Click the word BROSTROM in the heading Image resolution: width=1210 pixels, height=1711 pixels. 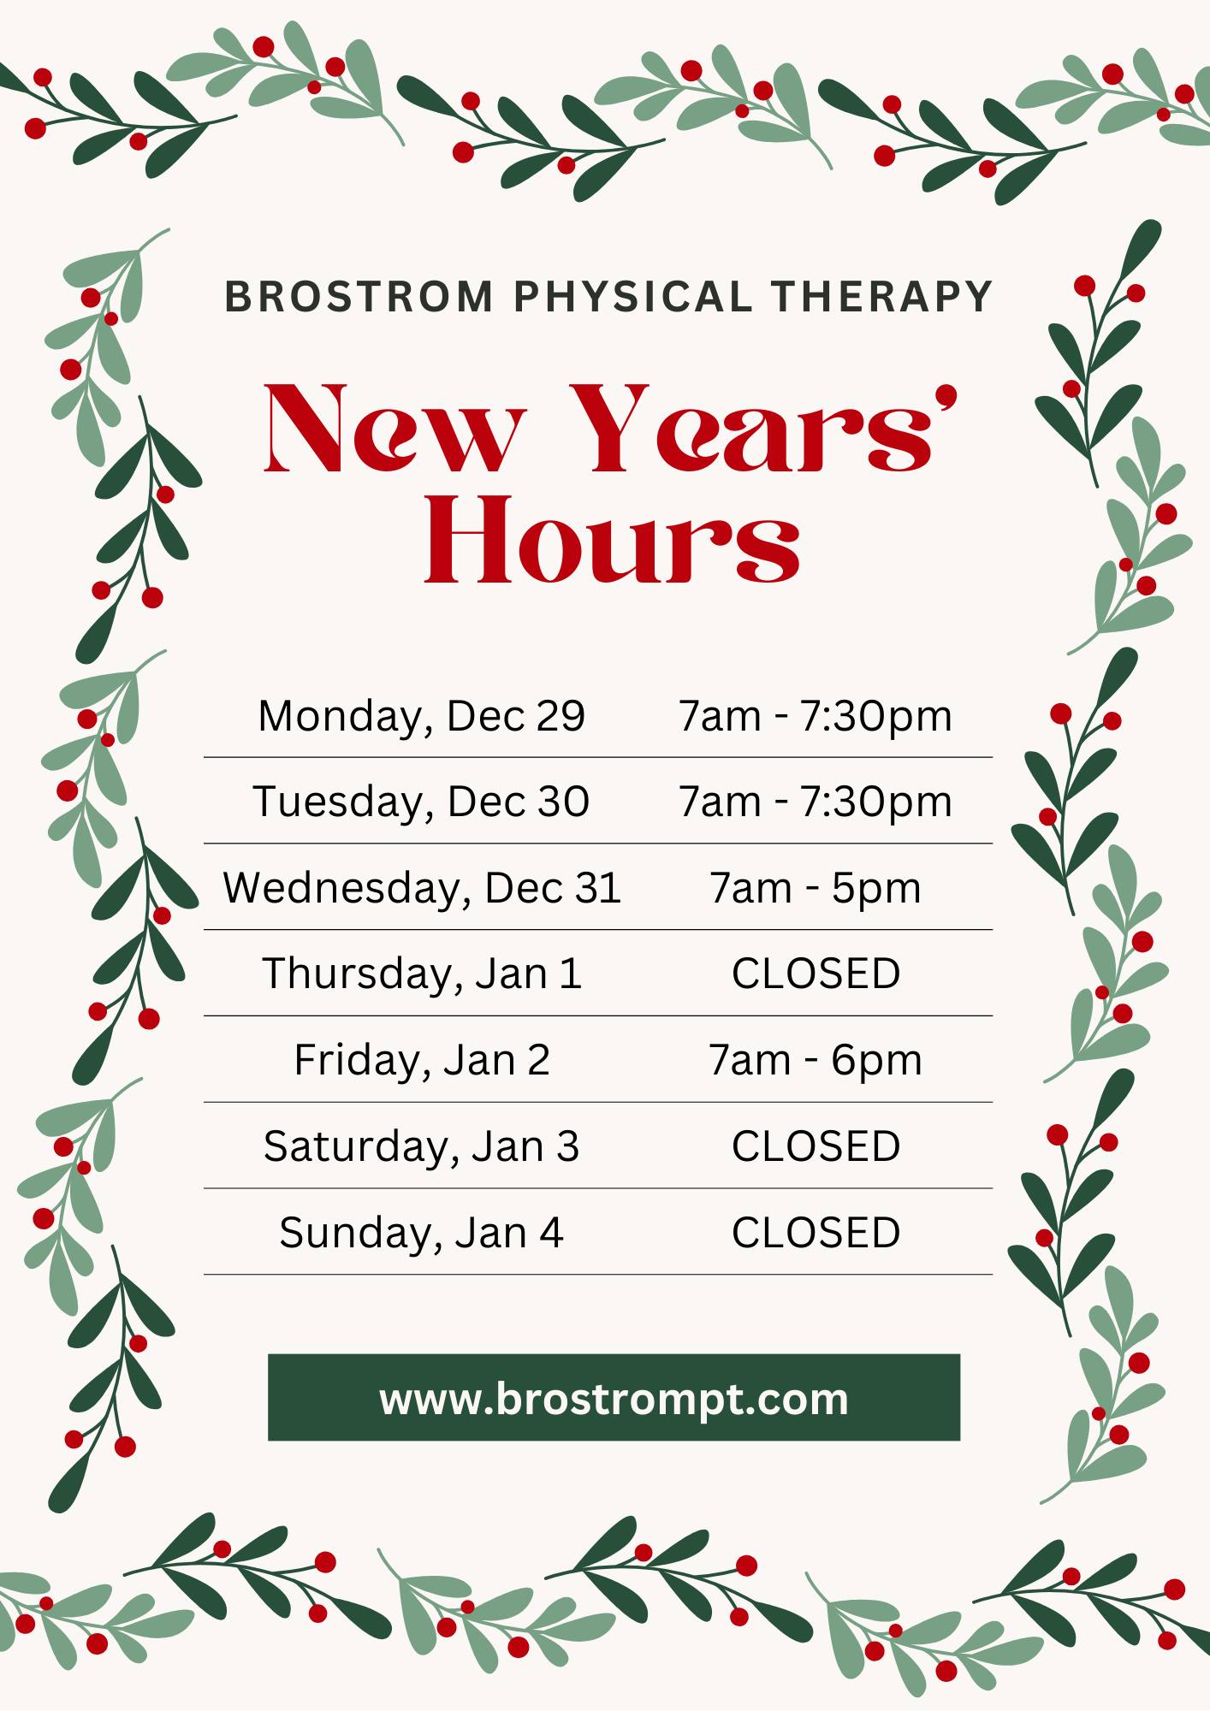click(x=359, y=297)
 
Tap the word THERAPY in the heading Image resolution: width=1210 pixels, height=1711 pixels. click(x=881, y=297)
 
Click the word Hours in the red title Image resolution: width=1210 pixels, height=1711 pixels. click(x=613, y=539)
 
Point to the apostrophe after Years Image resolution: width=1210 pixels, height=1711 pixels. click(x=945, y=398)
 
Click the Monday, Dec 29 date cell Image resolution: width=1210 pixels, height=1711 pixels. click(x=422, y=716)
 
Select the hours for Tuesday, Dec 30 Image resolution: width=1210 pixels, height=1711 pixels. click(x=816, y=802)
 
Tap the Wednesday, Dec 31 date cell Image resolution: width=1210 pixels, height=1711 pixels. click(x=422, y=888)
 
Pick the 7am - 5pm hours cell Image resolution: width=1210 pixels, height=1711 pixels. click(x=816, y=888)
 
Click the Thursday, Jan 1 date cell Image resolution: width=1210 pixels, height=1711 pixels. click(x=422, y=974)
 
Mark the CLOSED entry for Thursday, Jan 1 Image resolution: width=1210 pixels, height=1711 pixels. click(x=816, y=974)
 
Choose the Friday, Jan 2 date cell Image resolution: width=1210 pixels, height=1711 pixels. click(x=422, y=1060)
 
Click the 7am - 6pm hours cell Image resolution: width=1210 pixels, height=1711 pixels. click(x=816, y=1060)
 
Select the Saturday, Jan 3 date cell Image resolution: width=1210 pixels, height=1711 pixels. click(x=422, y=1146)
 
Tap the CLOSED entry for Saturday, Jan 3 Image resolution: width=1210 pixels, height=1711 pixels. click(x=816, y=1146)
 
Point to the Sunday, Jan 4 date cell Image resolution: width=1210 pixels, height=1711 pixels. click(x=422, y=1233)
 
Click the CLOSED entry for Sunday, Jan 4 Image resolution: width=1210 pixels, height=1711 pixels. click(x=816, y=1233)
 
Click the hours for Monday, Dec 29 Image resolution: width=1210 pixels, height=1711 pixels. click(x=816, y=716)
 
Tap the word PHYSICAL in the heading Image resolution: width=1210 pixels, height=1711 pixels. click(x=633, y=297)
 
